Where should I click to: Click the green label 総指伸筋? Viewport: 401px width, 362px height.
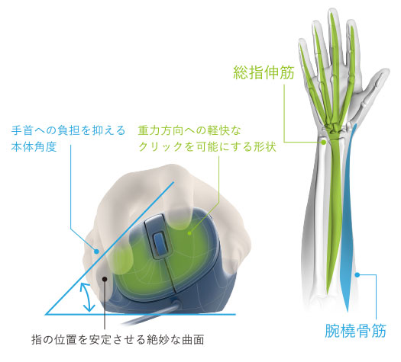pyautogui.click(x=264, y=72)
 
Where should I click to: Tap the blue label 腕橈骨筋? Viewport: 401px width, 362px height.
pyautogui.click(x=355, y=331)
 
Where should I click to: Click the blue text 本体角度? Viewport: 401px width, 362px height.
pyautogui.click(x=34, y=146)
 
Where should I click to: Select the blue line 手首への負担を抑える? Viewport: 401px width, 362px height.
pyautogui.click(x=68, y=130)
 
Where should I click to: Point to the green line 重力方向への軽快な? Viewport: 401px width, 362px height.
pyautogui.click(x=189, y=130)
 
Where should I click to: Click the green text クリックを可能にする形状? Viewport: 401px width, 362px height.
pyautogui.click(x=208, y=146)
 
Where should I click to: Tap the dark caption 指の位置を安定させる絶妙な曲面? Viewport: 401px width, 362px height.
pyautogui.click(x=118, y=340)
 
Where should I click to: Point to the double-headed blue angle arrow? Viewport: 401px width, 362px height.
pyautogui.click(x=86, y=297)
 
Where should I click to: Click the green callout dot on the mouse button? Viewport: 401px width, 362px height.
pyautogui.click(x=189, y=232)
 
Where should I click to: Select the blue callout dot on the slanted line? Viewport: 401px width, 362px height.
pyautogui.click(x=96, y=251)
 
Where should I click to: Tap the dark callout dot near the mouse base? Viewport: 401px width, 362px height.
pyautogui.click(x=105, y=279)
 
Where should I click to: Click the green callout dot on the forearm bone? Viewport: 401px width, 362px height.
pyautogui.click(x=324, y=142)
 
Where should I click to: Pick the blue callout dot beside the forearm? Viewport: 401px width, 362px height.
pyautogui.click(x=357, y=275)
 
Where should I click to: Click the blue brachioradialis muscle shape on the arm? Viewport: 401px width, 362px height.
pyautogui.click(x=348, y=217)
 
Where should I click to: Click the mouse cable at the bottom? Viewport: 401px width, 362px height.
pyautogui.click(x=148, y=316)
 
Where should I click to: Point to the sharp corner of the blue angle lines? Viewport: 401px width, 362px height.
pyautogui.click(x=46, y=314)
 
